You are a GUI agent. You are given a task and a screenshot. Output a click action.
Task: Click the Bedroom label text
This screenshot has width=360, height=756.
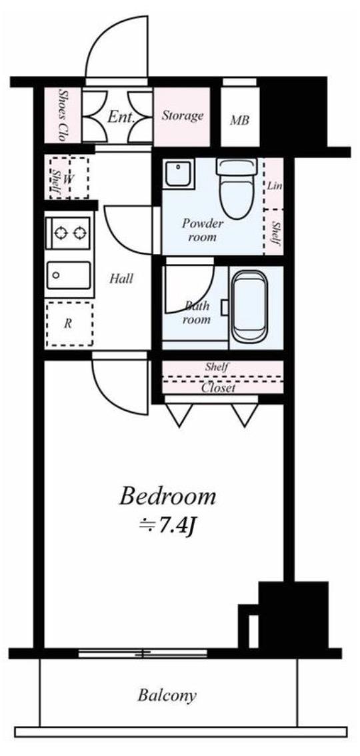(167, 497)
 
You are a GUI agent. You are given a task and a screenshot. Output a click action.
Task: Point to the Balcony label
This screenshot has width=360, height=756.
(167, 696)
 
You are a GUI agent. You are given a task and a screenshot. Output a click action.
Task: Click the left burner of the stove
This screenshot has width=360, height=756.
(61, 233)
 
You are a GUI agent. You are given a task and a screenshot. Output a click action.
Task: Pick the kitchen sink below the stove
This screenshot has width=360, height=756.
(69, 276)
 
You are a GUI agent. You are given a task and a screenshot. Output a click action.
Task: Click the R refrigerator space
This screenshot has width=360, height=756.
(69, 323)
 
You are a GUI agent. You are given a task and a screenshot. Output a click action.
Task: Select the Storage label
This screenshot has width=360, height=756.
(182, 116)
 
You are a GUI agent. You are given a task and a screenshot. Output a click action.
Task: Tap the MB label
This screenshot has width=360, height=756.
(239, 121)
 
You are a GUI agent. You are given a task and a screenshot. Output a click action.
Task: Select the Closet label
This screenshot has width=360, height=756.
(218, 387)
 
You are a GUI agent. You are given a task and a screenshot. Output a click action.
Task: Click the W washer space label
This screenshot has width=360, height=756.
(69, 179)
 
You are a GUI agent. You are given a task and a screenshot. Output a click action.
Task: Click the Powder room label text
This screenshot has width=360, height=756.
(203, 231)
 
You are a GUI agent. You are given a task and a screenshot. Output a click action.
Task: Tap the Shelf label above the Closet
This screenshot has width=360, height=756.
(217, 367)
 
